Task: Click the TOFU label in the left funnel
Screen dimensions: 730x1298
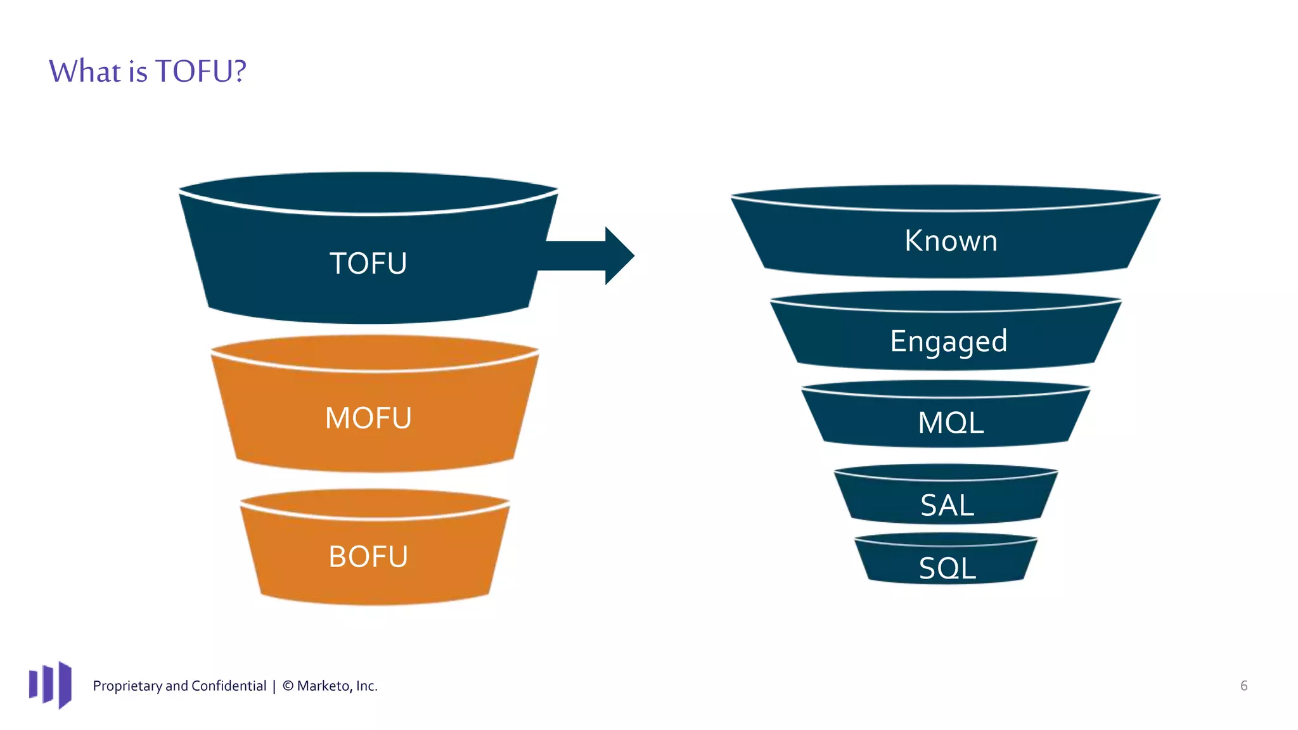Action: (368, 264)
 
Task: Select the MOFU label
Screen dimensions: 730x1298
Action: (368, 418)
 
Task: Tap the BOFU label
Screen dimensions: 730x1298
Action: (368, 557)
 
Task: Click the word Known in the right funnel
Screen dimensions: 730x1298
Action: (951, 241)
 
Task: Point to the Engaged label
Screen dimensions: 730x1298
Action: (948, 342)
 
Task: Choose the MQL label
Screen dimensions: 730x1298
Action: (951, 423)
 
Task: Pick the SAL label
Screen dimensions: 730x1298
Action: (947, 506)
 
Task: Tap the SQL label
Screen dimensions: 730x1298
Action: (947, 568)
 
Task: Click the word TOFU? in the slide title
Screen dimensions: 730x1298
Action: (200, 71)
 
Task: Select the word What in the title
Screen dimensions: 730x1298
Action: (84, 71)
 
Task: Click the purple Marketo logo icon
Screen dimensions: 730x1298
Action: (50, 685)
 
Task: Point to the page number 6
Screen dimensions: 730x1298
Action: (1243, 686)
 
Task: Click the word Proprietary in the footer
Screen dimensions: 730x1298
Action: (127, 686)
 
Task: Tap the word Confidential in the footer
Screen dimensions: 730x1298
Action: (228, 686)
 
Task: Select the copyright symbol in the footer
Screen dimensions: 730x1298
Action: (288, 686)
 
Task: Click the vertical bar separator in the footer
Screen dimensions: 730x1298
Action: (274, 686)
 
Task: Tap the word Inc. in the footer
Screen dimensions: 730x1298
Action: (366, 686)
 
